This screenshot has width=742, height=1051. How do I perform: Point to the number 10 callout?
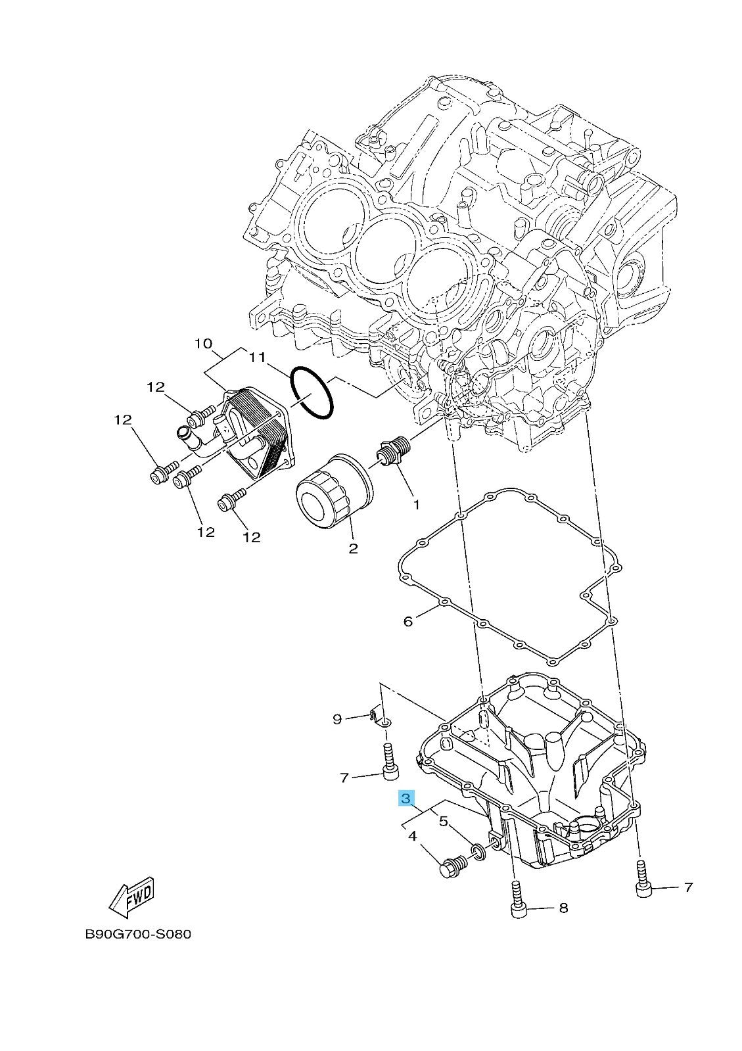204,344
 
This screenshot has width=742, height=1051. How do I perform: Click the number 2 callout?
353,548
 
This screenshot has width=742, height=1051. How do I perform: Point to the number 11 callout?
258,358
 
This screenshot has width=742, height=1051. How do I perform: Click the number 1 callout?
416,504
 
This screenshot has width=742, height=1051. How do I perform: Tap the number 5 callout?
442,821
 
